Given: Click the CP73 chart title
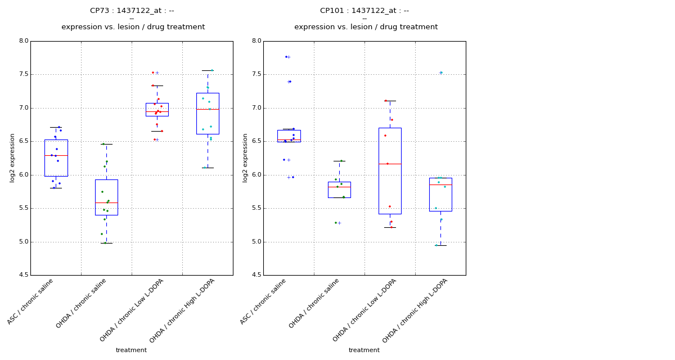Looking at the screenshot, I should click(132, 11).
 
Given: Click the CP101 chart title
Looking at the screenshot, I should click(364, 11).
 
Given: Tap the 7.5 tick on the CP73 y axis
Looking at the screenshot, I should click(23, 74).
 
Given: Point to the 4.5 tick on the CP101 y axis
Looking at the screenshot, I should click(256, 276).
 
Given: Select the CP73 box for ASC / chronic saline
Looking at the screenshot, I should click(56, 158).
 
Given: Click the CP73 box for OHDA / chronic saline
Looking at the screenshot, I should click(106, 197).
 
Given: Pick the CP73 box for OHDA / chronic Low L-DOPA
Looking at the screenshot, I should click(157, 109).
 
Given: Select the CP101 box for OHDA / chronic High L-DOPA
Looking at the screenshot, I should click(440, 194).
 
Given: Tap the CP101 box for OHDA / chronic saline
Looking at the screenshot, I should click(339, 190).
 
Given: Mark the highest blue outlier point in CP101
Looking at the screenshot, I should click(286, 57).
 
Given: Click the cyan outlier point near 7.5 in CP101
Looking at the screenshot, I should click(441, 73).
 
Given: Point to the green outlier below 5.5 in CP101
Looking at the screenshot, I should click(336, 223).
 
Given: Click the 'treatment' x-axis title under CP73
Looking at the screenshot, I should click(131, 350).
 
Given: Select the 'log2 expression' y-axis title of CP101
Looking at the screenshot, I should click(245, 157).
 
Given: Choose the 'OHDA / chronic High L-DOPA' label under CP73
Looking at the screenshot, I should click(183, 310).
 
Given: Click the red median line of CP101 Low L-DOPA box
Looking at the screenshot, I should click(390, 164).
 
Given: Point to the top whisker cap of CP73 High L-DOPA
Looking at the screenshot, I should click(208, 70).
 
